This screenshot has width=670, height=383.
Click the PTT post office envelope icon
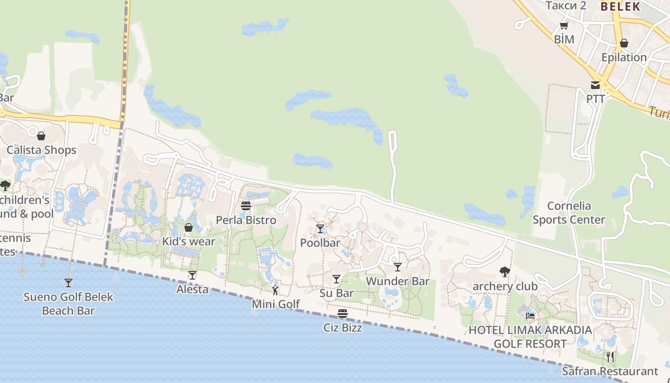[595, 85]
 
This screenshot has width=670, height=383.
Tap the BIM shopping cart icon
[564, 26]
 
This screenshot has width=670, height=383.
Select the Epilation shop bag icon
[624, 43]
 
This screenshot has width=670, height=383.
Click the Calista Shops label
[41, 150]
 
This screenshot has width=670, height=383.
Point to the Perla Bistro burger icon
[246, 206]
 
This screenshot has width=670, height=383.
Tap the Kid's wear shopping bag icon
[189, 227]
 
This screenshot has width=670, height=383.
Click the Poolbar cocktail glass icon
[320, 229]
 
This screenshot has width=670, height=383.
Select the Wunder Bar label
[398, 281]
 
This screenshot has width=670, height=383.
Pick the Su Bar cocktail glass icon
[336, 279]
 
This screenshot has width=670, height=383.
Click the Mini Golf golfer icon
[275, 290]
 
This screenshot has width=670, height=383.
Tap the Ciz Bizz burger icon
[343, 314]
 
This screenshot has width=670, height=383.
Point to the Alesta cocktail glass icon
[192, 275]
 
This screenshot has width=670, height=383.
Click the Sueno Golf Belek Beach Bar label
[68, 304]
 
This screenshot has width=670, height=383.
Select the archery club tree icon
[504, 272]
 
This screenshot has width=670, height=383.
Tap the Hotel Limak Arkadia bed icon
[530, 316]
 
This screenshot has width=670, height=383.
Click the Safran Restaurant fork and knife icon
[610, 357]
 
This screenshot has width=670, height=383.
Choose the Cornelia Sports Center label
[569, 213]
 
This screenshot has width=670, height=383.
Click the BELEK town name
[620, 6]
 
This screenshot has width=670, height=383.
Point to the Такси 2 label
[566, 5]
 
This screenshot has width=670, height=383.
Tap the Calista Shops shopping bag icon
[41, 136]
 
